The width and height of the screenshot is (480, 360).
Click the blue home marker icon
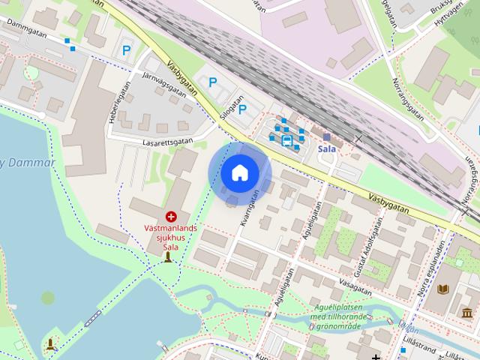click(x=239, y=173)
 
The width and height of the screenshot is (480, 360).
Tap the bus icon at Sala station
click(x=286, y=139)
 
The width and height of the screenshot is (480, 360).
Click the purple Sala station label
click(x=326, y=148)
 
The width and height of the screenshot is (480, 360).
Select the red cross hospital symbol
click(x=171, y=216)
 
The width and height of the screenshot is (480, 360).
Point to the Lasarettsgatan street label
click(x=169, y=141)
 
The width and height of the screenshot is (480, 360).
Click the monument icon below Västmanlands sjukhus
click(x=168, y=258)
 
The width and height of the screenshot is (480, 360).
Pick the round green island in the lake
click(x=48, y=298)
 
